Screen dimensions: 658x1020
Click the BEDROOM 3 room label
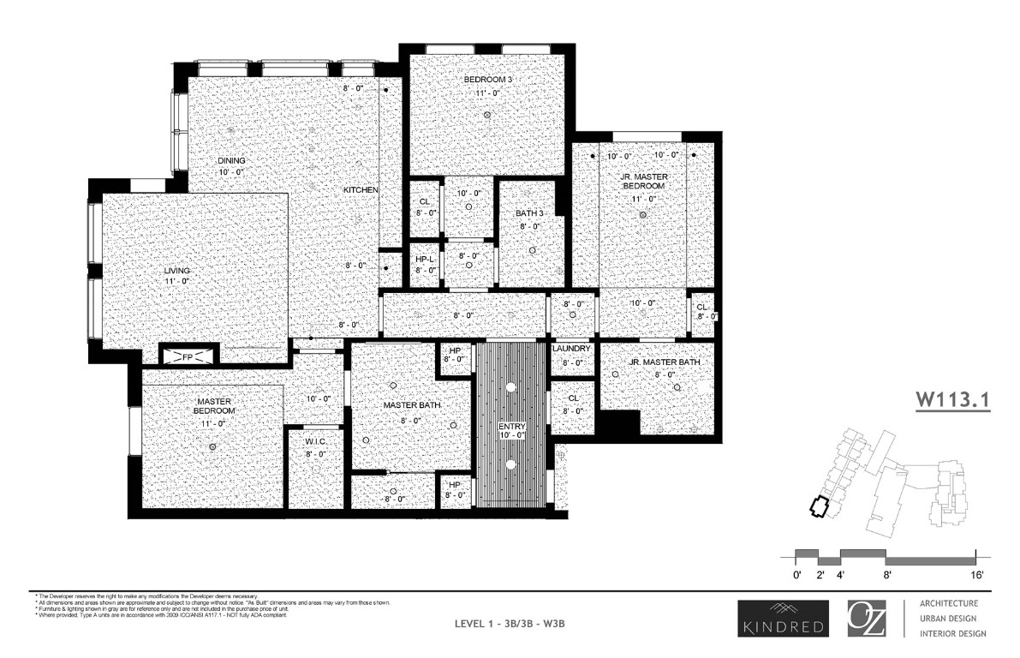tap(487, 80)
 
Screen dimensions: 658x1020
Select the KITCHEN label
tap(361, 189)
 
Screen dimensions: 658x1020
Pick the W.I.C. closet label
tap(317, 443)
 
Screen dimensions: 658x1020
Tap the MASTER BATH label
tap(412, 405)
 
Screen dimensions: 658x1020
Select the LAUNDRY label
tap(572, 349)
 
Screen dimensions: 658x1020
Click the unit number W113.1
tap(952, 399)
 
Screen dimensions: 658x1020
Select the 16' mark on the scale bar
tap(976, 574)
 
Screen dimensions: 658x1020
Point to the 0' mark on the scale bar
tap(796, 574)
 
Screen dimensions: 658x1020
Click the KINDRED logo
tap(781, 618)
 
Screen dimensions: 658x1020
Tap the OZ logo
tap(867, 618)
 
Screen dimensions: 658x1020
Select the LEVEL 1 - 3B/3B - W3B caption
tap(510, 623)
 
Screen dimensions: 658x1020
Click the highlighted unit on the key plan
tap(820, 506)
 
